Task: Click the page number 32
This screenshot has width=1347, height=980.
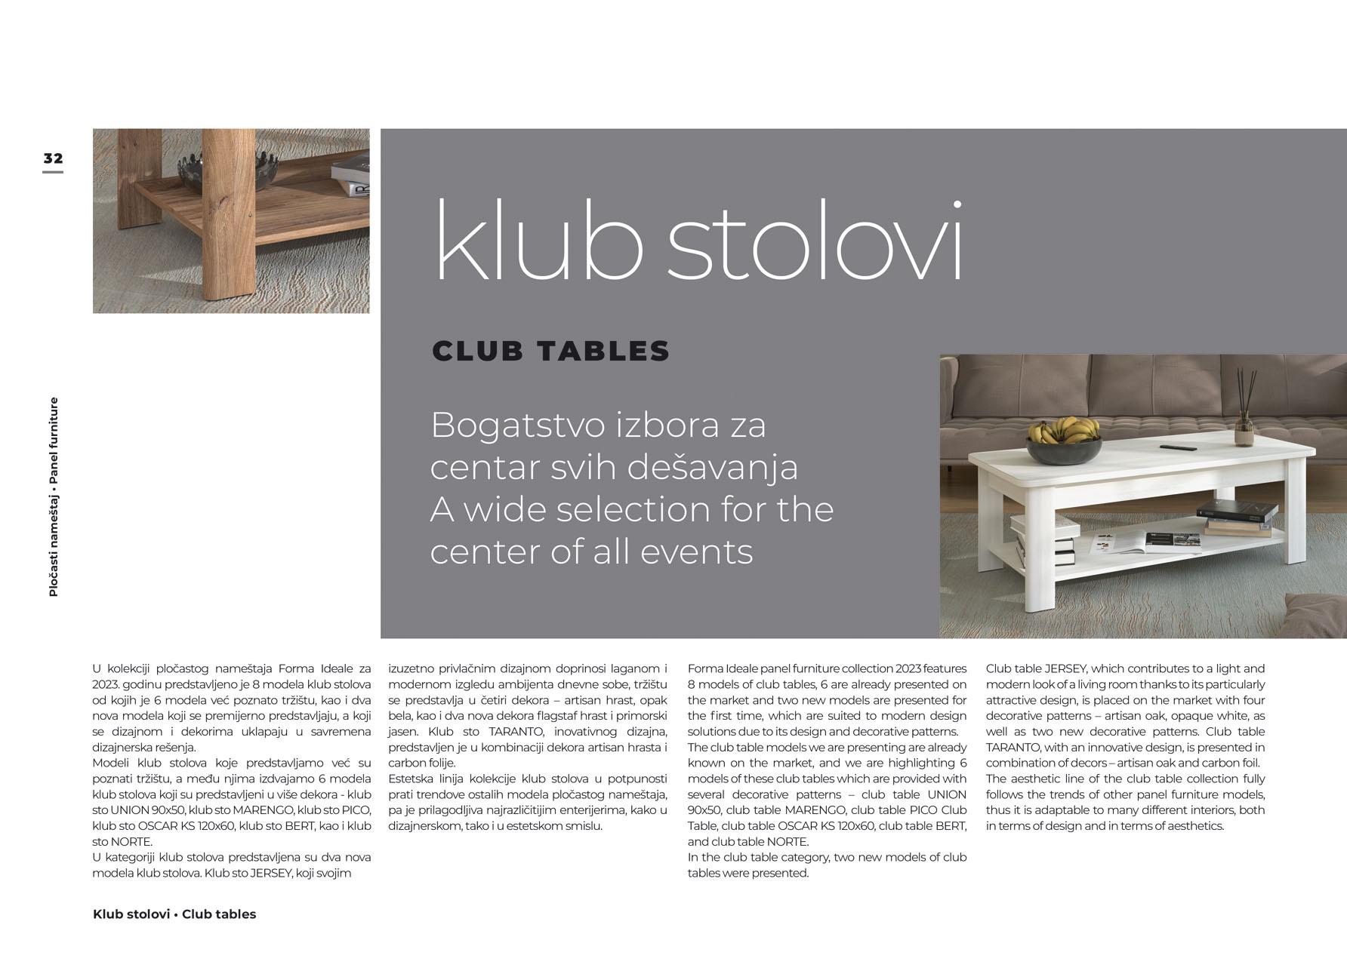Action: (53, 158)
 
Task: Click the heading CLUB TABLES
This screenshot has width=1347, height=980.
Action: (550, 351)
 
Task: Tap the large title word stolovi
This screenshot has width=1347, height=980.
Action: (815, 241)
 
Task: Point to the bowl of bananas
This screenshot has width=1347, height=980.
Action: (1063, 440)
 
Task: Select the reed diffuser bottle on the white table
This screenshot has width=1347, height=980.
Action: (1244, 431)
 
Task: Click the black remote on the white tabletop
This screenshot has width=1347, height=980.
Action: (1178, 447)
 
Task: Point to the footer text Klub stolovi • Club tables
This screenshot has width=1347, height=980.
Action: (174, 914)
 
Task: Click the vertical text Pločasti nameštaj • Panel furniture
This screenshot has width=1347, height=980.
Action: (54, 497)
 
